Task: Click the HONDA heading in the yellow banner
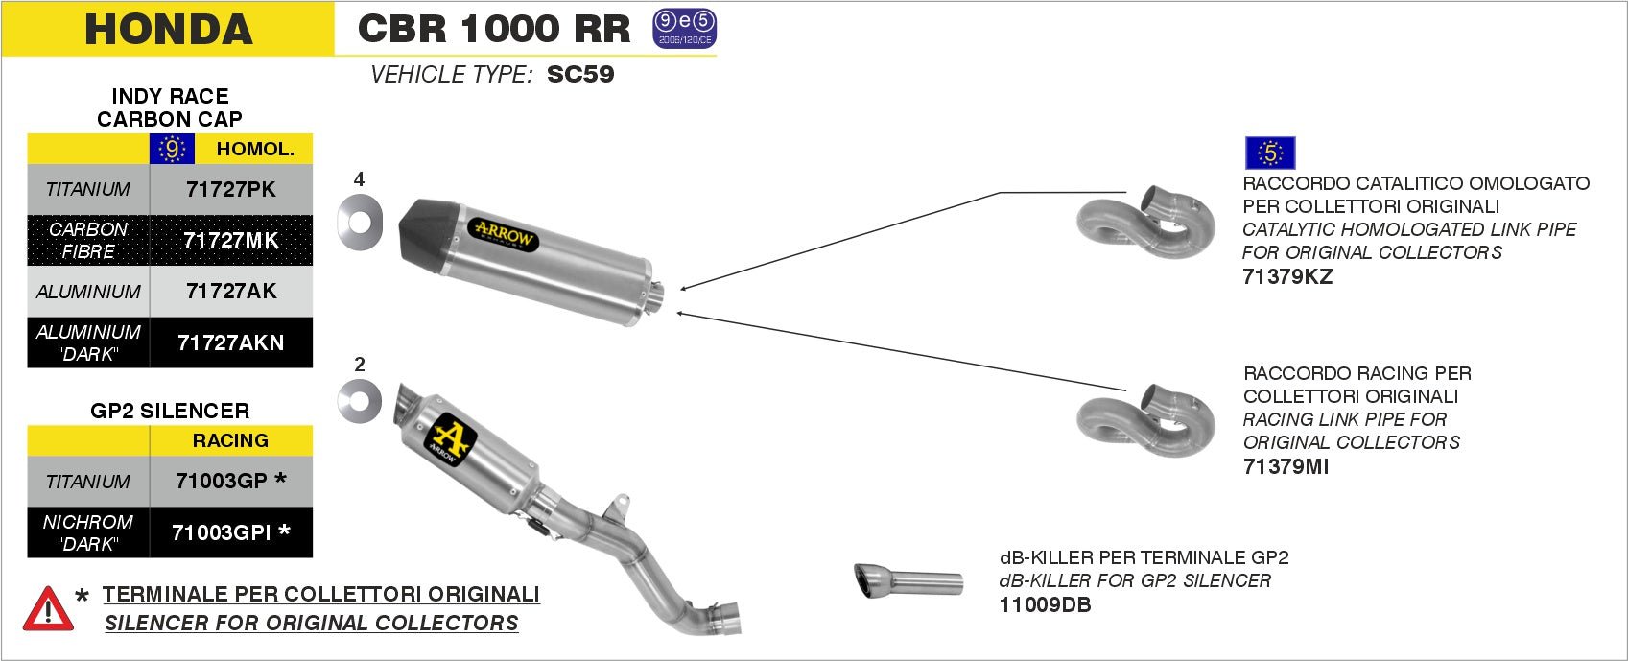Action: pos(168,29)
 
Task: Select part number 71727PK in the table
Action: pos(231,189)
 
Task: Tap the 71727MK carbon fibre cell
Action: pos(231,240)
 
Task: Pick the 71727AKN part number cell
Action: pos(231,342)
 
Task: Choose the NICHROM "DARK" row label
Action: pos(88,532)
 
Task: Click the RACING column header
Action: pos(231,440)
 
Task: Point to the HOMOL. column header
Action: pos(254,149)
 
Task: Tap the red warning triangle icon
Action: pos(47,608)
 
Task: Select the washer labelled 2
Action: pos(360,401)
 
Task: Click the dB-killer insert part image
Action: pos(908,581)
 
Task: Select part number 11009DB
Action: pos(1045,604)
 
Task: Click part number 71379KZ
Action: pos(1287,276)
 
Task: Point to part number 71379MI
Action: pos(1286,467)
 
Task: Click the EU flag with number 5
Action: pos(1270,153)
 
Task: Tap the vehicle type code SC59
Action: pos(580,74)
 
